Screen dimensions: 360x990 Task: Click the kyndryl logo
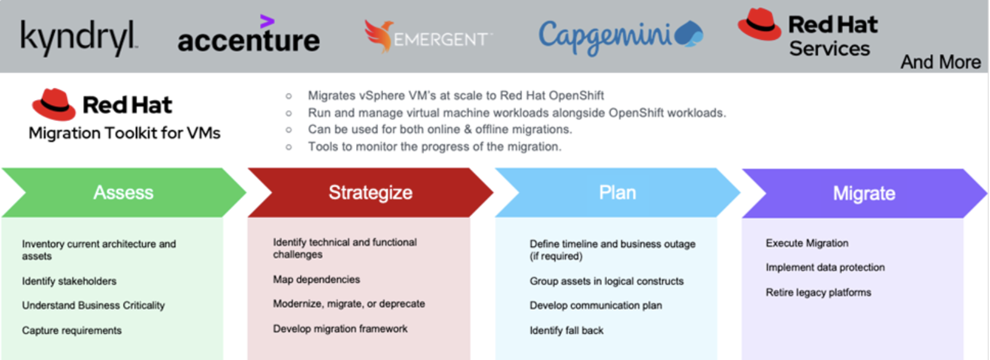click(x=79, y=38)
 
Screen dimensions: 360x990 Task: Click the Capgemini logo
click(x=620, y=36)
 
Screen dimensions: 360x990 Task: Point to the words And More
click(x=940, y=62)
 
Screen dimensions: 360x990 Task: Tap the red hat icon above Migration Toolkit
click(x=53, y=104)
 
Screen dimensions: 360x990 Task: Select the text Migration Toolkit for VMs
click(x=124, y=133)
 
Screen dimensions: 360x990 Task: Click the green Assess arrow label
click(x=123, y=193)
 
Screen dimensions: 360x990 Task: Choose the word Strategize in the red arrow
click(x=370, y=192)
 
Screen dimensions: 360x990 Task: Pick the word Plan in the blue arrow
click(x=617, y=193)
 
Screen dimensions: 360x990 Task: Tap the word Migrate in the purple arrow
click(x=864, y=194)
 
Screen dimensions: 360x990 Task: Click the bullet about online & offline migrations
click(x=440, y=130)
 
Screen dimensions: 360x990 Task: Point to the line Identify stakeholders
click(x=69, y=281)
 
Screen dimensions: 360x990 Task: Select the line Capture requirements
click(x=71, y=331)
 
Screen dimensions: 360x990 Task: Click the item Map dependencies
click(x=316, y=280)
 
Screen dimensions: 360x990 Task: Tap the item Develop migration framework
click(x=340, y=329)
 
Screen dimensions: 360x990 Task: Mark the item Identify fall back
click(x=566, y=331)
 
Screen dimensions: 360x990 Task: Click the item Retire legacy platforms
click(x=818, y=292)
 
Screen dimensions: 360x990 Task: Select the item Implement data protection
click(x=825, y=267)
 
